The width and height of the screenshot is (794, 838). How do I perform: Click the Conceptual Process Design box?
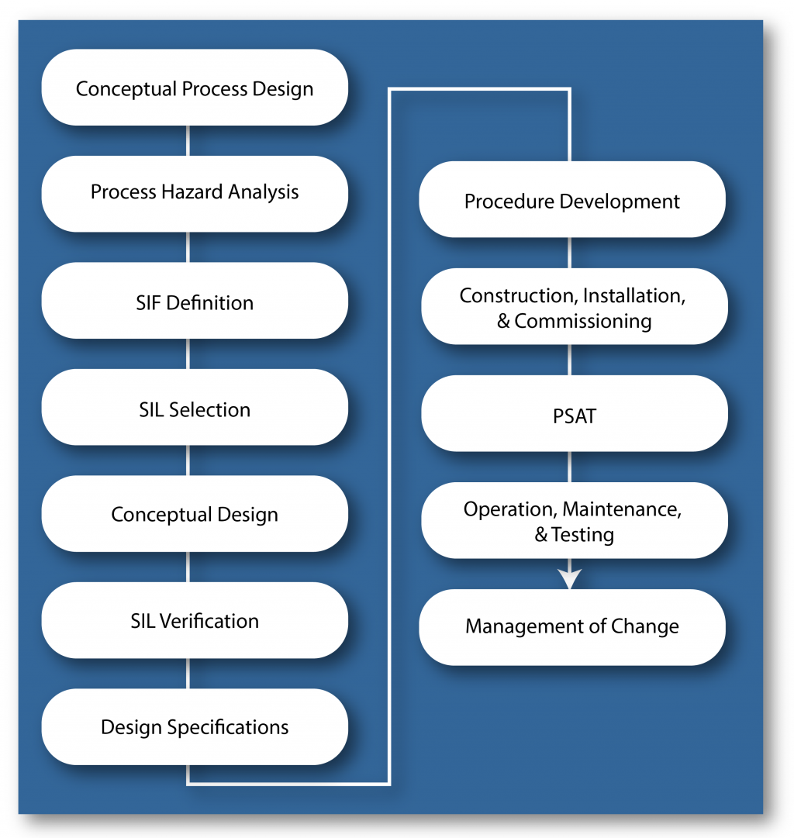coord(195,88)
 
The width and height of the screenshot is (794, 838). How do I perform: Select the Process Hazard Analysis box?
coord(195,194)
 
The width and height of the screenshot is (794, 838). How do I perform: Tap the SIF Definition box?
coord(195,300)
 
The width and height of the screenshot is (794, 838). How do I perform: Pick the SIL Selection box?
coord(195,407)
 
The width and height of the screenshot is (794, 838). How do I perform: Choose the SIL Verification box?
coord(195,620)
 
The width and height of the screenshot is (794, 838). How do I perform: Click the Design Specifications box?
coord(195,727)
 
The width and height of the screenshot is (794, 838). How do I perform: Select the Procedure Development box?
coord(572,199)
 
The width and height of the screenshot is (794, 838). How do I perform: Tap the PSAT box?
coord(575,414)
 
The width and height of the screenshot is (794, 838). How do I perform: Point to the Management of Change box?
coord(572,627)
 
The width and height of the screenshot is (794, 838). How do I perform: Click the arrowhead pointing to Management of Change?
coord(569,579)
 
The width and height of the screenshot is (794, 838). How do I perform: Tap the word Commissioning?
coord(583,322)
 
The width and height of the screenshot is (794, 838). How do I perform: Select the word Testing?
coord(582,535)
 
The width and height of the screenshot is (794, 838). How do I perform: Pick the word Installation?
coord(634,296)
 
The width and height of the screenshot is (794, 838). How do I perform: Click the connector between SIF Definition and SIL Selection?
coord(188,353)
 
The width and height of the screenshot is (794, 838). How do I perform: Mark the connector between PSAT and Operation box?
coord(569,467)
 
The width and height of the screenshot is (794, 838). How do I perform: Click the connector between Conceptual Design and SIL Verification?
coord(188,567)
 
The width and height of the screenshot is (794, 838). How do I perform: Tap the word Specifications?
coord(228,728)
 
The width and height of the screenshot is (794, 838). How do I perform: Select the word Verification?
coord(209,621)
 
